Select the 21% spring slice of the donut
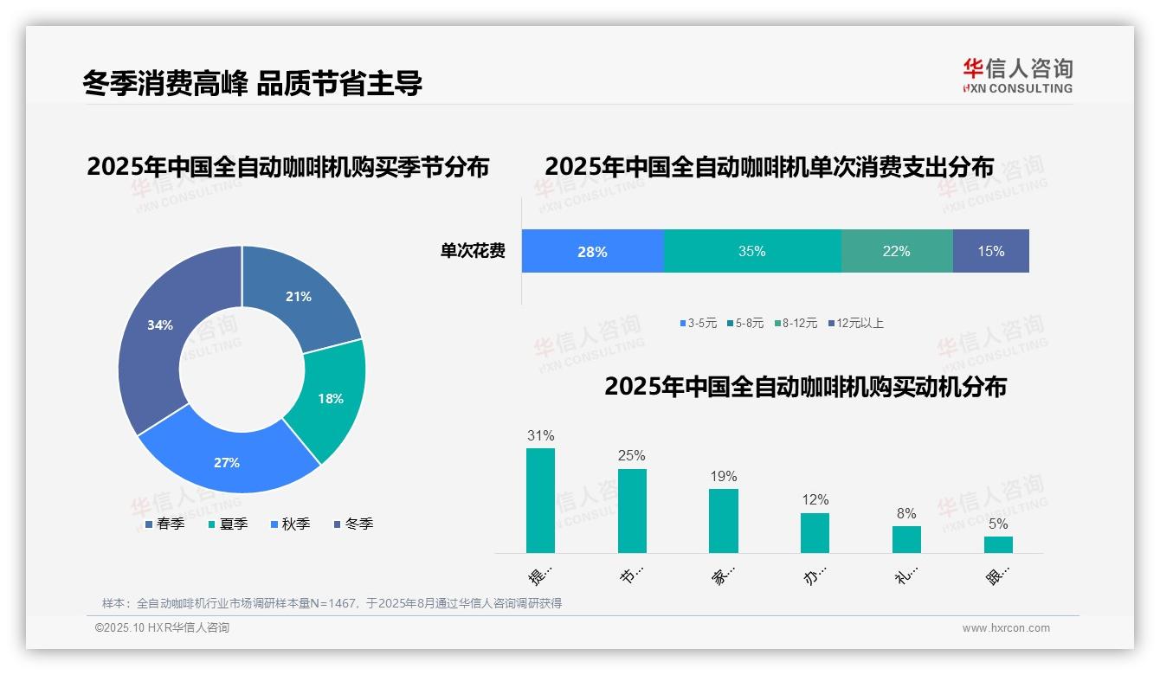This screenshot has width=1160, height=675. [303, 294]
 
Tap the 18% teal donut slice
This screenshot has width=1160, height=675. [329, 398]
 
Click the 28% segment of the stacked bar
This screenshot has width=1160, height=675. [593, 251]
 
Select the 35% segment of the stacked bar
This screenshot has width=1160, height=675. [752, 251]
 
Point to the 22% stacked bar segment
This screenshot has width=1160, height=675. [897, 251]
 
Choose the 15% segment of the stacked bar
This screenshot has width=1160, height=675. [991, 251]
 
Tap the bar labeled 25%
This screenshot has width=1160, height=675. [632, 511]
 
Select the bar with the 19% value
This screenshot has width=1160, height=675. [724, 520]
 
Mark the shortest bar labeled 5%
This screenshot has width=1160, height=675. [998, 544]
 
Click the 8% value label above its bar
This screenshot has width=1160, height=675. [906, 513]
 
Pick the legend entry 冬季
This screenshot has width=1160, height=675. [353, 524]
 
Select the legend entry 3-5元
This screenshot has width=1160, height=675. [699, 323]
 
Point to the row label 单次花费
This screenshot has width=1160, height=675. [473, 251]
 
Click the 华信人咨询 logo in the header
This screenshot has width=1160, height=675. [1017, 75]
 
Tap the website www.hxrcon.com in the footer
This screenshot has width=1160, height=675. [1006, 628]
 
